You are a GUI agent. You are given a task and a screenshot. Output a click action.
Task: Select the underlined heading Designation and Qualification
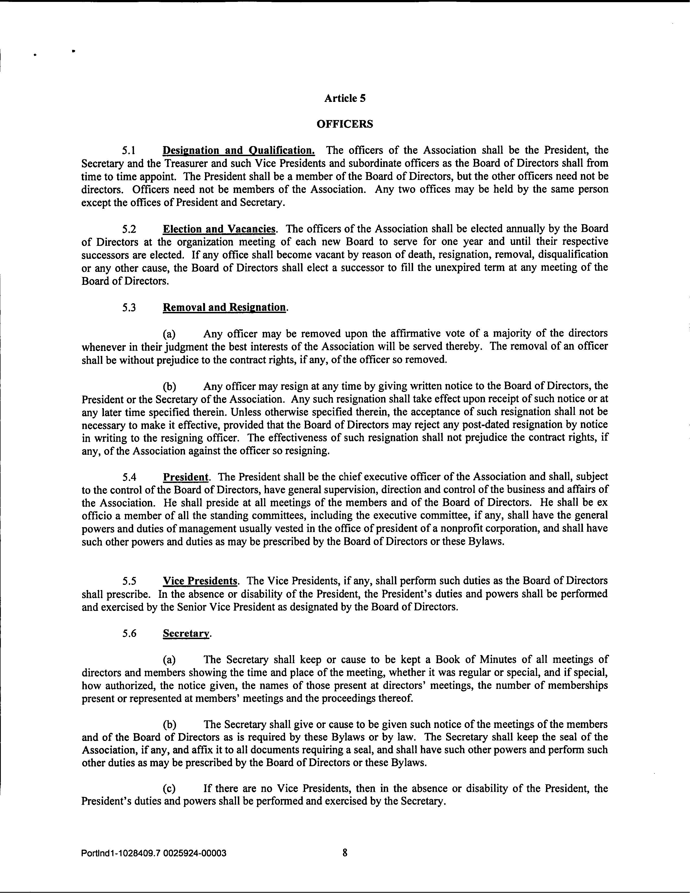239,150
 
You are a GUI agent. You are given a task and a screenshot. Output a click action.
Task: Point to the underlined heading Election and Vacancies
219,228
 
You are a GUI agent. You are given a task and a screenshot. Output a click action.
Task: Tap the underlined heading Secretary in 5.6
186,633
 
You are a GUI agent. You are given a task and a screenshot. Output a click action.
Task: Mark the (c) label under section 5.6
170,789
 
